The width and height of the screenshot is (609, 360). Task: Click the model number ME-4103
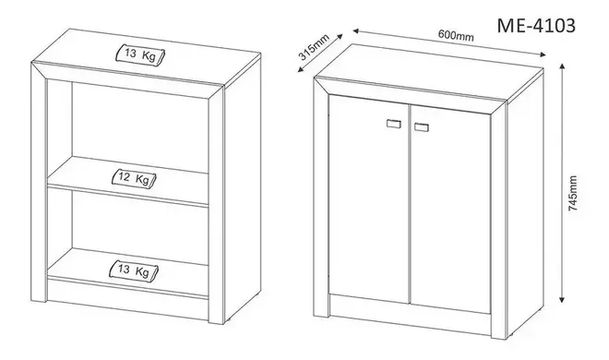coord(536,26)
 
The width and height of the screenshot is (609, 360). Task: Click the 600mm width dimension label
coord(456,35)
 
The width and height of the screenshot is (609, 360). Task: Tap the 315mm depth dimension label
coord(314,47)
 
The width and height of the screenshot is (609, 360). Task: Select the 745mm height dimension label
coord(572,193)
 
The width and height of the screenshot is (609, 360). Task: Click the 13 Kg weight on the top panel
coord(140,54)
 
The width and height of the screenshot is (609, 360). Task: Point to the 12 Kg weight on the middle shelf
coord(134,178)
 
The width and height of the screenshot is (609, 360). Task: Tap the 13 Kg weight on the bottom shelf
coord(134,270)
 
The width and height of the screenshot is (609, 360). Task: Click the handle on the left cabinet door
coord(394,124)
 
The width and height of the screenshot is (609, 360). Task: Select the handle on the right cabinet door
coord(422,127)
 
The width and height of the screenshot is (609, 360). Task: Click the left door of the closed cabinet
coord(369,198)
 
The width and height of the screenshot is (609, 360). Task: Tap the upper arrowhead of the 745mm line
coord(562,66)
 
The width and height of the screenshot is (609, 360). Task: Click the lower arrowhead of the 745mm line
coord(562,299)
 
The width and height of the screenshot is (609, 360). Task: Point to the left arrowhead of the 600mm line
coord(356,30)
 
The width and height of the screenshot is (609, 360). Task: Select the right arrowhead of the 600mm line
coord(543,54)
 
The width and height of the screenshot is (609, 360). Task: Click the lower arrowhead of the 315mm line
coord(300,69)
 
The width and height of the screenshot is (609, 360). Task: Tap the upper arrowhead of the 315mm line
coord(340,37)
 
